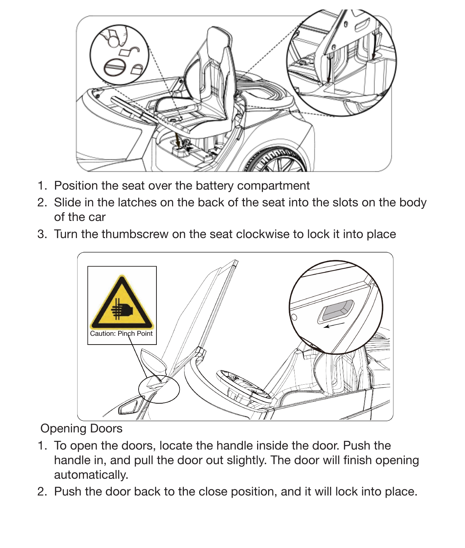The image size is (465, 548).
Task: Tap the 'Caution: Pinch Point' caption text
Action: coord(121,333)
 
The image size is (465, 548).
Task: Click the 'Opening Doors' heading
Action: coord(81,428)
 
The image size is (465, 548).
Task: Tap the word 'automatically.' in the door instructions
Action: coord(91,475)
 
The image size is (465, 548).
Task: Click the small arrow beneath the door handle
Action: coord(334,325)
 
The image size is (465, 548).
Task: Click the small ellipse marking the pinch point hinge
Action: coord(159,390)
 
